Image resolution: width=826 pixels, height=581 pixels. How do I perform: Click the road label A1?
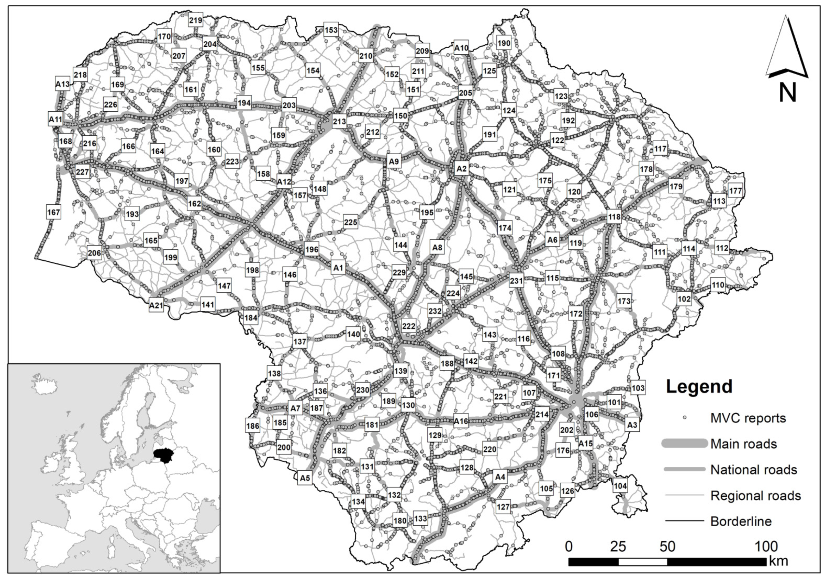[x=338, y=268]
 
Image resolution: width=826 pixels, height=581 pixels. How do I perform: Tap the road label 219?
[x=196, y=20]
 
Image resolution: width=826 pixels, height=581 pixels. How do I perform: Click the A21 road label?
[x=156, y=306]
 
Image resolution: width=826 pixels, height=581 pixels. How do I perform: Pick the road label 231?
[x=516, y=281]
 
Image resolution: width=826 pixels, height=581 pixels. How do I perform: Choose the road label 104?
[x=620, y=486]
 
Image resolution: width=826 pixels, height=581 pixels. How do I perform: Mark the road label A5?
[x=305, y=478]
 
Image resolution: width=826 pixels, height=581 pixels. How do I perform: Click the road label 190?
[x=504, y=43]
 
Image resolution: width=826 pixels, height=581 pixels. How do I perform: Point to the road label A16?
[x=461, y=421]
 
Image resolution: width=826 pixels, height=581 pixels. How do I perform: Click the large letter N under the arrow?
[x=787, y=93]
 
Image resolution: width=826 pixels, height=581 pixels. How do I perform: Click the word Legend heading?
[x=699, y=386]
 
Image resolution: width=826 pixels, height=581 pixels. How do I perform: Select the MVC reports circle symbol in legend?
[x=685, y=418]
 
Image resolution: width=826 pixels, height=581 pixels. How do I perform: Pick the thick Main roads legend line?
[x=684, y=444]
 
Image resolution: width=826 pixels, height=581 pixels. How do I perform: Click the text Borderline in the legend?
[x=741, y=521]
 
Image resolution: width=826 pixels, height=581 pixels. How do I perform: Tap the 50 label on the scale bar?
[x=667, y=547]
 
